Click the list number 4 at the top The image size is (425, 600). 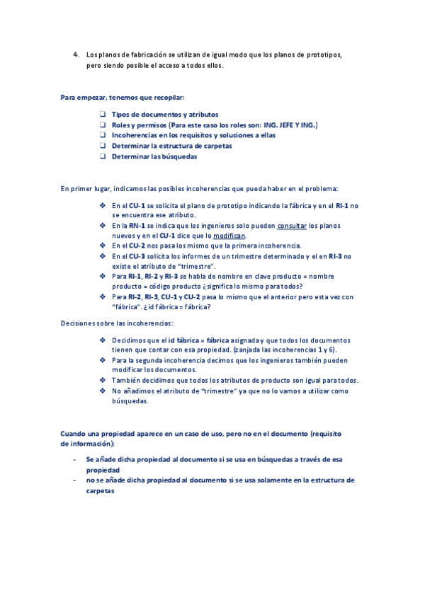point(76,54)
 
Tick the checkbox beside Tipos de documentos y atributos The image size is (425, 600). point(103,114)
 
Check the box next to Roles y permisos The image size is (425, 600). point(103,125)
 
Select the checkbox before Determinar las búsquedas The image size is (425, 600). point(103,156)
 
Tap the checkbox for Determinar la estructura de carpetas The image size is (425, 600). point(103,146)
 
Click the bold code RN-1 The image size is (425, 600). point(137,225)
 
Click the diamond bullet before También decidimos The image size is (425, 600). point(103,380)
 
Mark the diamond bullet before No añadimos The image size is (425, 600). point(103,391)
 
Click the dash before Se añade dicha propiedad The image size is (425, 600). point(74,459)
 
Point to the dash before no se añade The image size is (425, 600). point(74,480)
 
